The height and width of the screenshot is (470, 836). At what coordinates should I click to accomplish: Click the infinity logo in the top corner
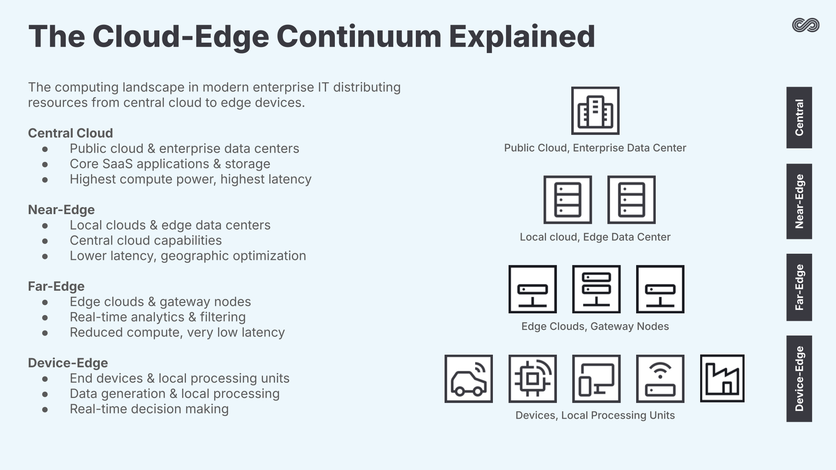[x=806, y=25]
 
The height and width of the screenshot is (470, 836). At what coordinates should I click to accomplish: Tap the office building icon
[x=595, y=111]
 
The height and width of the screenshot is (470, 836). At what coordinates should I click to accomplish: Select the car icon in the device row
[x=469, y=379]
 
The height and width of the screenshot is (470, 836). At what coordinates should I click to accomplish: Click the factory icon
[x=722, y=378]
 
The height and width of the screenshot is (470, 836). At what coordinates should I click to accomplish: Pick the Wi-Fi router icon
[x=660, y=379]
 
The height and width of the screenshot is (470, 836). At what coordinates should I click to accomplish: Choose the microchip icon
[x=533, y=379]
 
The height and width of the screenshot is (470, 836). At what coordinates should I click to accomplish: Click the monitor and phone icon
[x=596, y=379]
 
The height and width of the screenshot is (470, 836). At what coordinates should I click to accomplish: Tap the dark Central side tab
[x=799, y=117]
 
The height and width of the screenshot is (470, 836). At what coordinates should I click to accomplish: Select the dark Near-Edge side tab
[x=799, y=201]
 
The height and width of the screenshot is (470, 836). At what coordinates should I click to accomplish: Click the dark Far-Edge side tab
[x=799, y=287]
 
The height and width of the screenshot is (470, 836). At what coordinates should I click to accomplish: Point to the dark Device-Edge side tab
[x=799, y=379]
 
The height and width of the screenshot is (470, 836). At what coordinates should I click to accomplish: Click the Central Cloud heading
[x=70, y=133]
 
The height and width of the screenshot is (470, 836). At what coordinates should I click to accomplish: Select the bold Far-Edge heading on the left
[x=56, y=286]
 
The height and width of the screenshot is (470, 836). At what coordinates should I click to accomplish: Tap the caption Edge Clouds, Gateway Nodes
[x=595, y=326]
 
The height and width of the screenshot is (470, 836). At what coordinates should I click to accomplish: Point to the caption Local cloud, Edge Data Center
[x=595, y=237]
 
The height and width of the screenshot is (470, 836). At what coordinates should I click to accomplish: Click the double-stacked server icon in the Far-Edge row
[x=596, y=289]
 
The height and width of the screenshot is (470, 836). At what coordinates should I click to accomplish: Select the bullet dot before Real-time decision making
[x=45, y=410]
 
